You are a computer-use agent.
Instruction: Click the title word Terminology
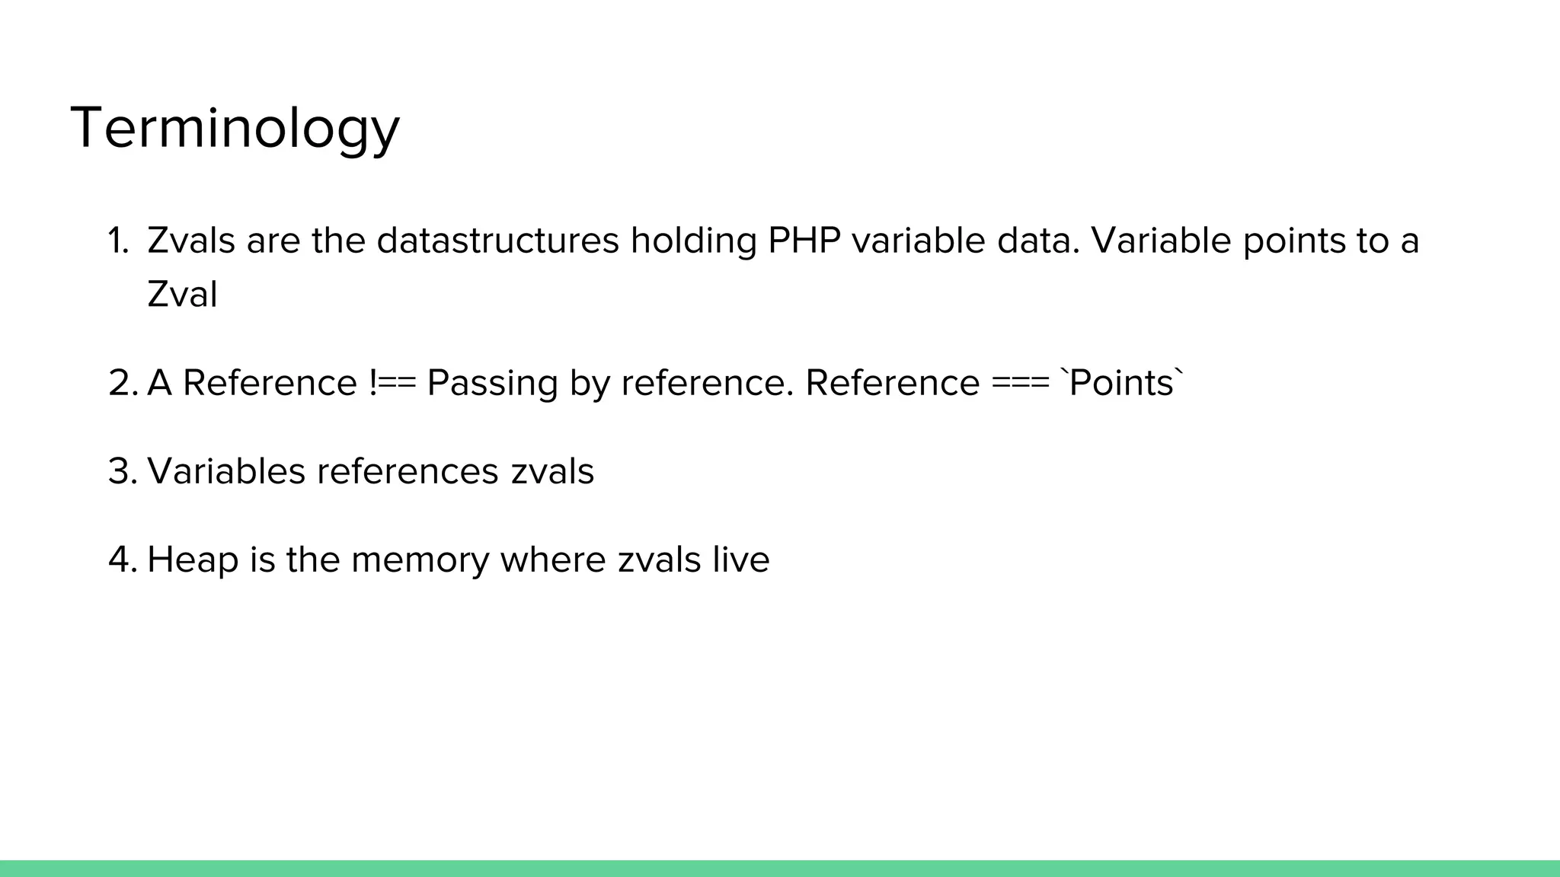click(x=235, y=128)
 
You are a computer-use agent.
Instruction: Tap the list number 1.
click(x=117, y=241)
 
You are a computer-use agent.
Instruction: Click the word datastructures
click(x=497, y=241)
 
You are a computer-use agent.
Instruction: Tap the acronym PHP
click(x=804, y=241)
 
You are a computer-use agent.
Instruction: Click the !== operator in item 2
click(x=392, y=382)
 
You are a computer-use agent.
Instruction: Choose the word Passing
click(x=492, y=384)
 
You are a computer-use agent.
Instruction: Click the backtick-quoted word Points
click(x=1121, y=382)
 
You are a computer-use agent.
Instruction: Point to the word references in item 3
click(x=408, y=470)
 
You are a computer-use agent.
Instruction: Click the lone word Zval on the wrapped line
click(x=182, y=295)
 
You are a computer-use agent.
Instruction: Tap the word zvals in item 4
click(x=659, y=560)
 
